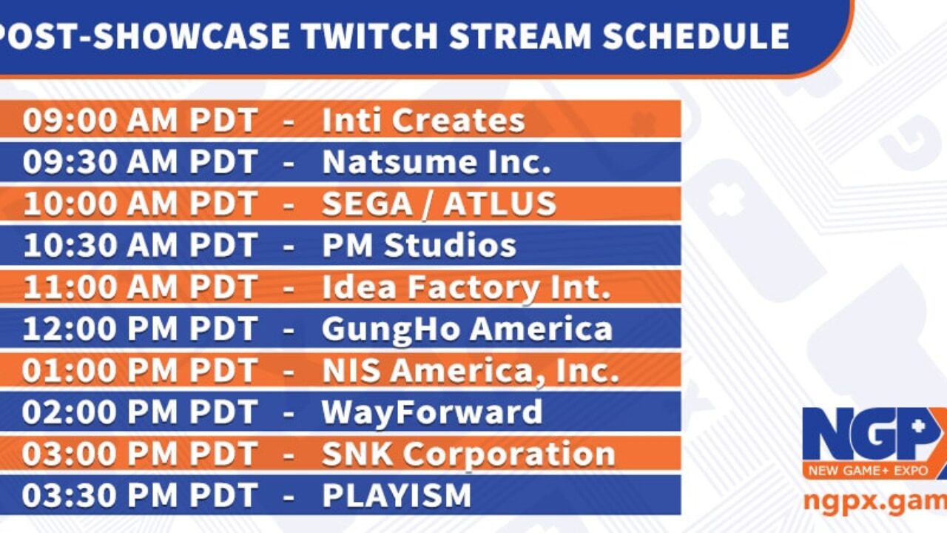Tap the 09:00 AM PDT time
[140, 120]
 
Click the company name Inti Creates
[423, 120]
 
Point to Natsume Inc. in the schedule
[437, 162]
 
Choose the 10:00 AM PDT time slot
[140, 204]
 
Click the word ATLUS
[499, 204]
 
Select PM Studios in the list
[419, 245]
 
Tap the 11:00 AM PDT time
[140, 286]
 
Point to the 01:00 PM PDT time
[140, 370]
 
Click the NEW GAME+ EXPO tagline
[869, 471]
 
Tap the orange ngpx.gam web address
[875, 502]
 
